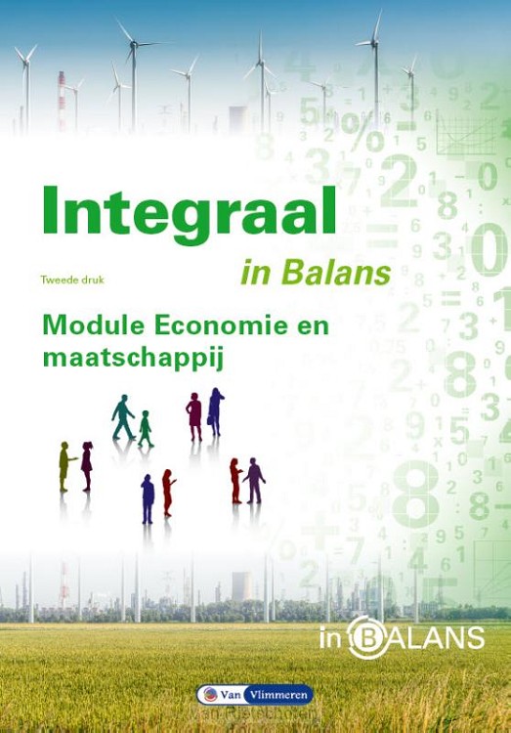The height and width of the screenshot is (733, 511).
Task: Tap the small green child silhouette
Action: coord(146,428)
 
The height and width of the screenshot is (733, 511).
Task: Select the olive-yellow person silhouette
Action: coord(65,465)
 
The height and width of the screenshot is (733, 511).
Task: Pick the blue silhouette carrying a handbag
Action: coord(215,411)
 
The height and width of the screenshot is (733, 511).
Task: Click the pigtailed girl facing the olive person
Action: coord(87,465)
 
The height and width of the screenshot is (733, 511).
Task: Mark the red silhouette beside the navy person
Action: coord(168,492)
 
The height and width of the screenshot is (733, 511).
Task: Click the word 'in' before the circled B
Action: coord(332,639)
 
